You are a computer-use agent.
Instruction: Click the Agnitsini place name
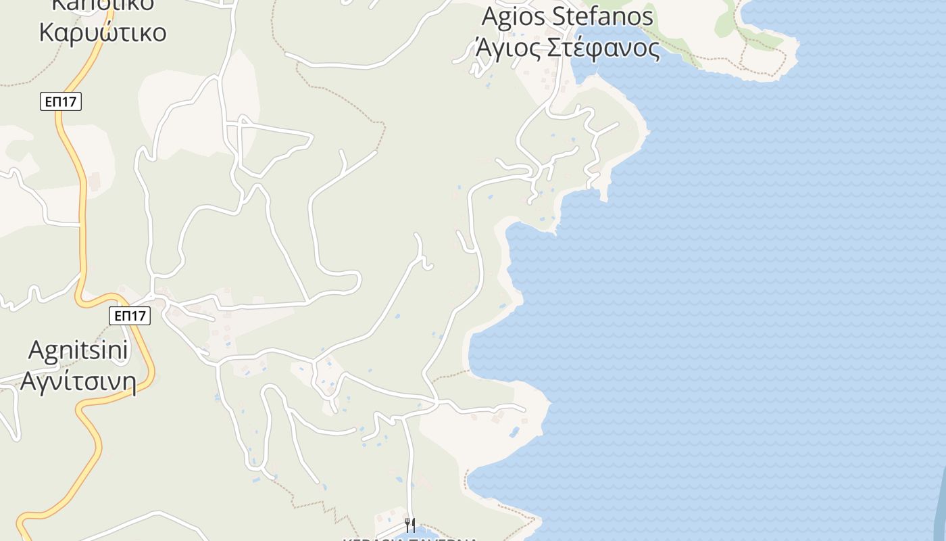coord(78,350)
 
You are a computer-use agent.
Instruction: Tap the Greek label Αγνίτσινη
coord(78,381)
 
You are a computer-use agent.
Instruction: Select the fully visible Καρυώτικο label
coord(103,32)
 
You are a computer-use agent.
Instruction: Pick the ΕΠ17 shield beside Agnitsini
coord(129,315)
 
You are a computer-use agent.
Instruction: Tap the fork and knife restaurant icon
coord(410,525)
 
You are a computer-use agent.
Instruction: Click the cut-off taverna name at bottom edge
coord(410,539)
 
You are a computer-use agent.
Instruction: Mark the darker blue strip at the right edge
coord(939,500)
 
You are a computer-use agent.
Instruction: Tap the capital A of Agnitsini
coord(38,350)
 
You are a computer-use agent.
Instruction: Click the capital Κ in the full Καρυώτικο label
coord(48,32)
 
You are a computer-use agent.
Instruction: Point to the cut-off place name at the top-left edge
coord(103,4)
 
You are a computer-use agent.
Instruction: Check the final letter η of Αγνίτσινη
coord(128,383)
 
